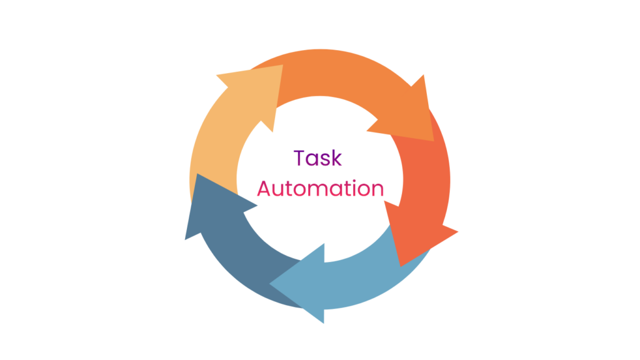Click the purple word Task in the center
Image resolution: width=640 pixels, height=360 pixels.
(x=318, y=158)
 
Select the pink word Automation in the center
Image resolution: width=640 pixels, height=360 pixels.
(x=319, y=188)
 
